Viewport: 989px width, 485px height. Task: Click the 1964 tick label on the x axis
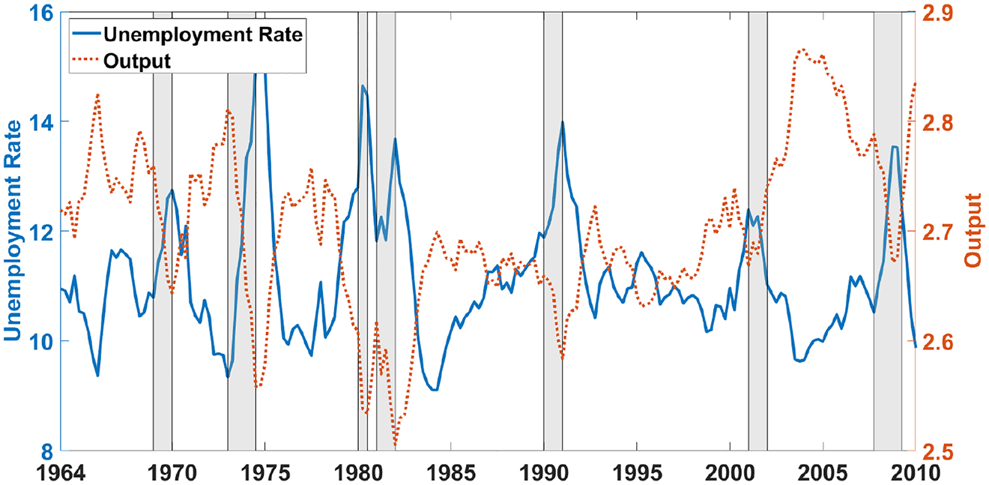(x=61, y=472)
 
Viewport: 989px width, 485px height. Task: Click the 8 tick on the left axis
(x=45, y=451)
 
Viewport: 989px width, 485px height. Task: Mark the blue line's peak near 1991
(x=562, y=121)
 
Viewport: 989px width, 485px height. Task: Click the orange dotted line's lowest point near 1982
(x=395, y=448)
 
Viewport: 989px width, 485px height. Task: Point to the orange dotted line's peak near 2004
(x=802, y=49)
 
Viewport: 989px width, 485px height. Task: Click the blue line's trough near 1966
(x=97, y=375)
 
